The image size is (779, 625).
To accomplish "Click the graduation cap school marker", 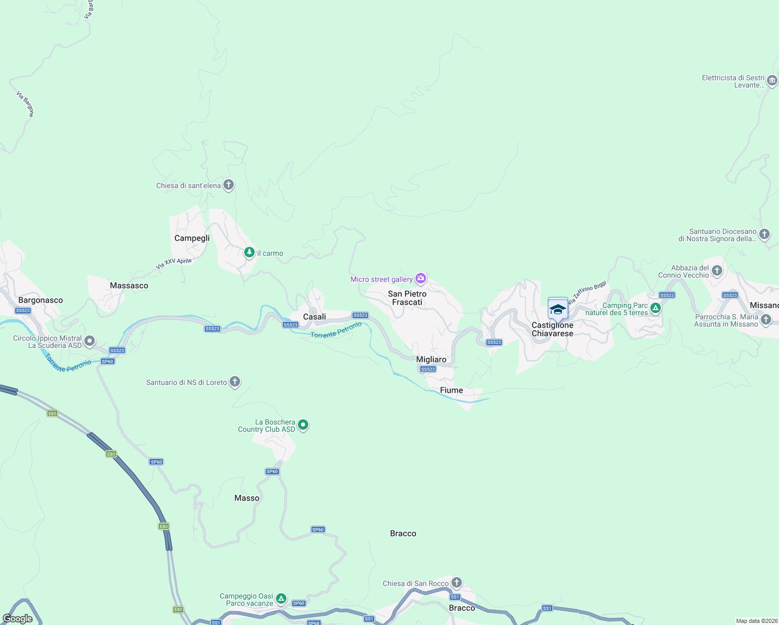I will pyautogui.click(x=558, y=309).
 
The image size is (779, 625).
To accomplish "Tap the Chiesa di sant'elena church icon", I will pyautogui.click(x=228, y=185).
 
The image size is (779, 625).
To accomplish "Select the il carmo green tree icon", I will pyautogui.click(x=249, y=253).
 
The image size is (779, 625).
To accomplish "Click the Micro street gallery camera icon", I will pyautogui.click(x=421, y=279).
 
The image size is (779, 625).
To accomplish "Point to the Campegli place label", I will pyautogui.click(x=192, y=238).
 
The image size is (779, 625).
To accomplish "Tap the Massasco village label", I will pyautogui.click(x=129, y=285).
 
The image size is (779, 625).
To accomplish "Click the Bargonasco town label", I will pyautogui.click(x=41, y=300).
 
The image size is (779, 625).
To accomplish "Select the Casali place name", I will pyautogui.click(x=315, y=317).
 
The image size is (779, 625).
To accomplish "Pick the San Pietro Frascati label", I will pyautogui.click(x=407, y=298).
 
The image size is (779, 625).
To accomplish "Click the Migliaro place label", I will pyautogui.click(x=431, y=359).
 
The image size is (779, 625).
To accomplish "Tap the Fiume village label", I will pyautogui.click(x=451, y=390).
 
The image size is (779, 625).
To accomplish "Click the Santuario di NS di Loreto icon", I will pyautogui.click(x=235, y=382).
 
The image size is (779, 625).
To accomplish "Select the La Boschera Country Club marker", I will pyautogui.click(x=303, y=425).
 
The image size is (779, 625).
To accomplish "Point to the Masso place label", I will pyautogui.click(x=247, y=498).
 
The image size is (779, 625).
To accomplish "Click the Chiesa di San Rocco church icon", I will pyautogui.click(x=457, y=582).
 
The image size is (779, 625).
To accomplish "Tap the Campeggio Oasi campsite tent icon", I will pyautogui.click(x=281, y=598).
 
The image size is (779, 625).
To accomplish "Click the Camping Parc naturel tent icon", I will pyautogui.click(x=656, y=308).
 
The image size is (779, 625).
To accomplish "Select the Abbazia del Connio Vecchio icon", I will pyautogui.click(x=717, y=270).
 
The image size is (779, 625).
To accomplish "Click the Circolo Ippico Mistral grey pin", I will pyautogui.click(x=90, y=341).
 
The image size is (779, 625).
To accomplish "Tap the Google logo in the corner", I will pyautogui.click(x=18, y=619).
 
